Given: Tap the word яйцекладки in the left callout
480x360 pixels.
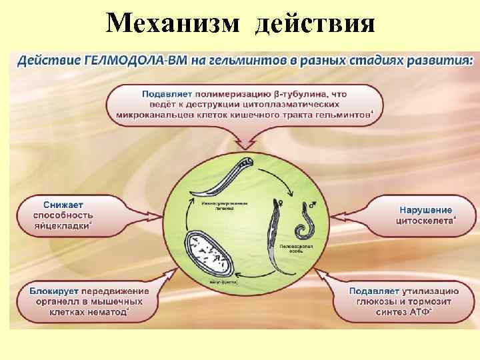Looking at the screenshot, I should (x=61, y=225).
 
